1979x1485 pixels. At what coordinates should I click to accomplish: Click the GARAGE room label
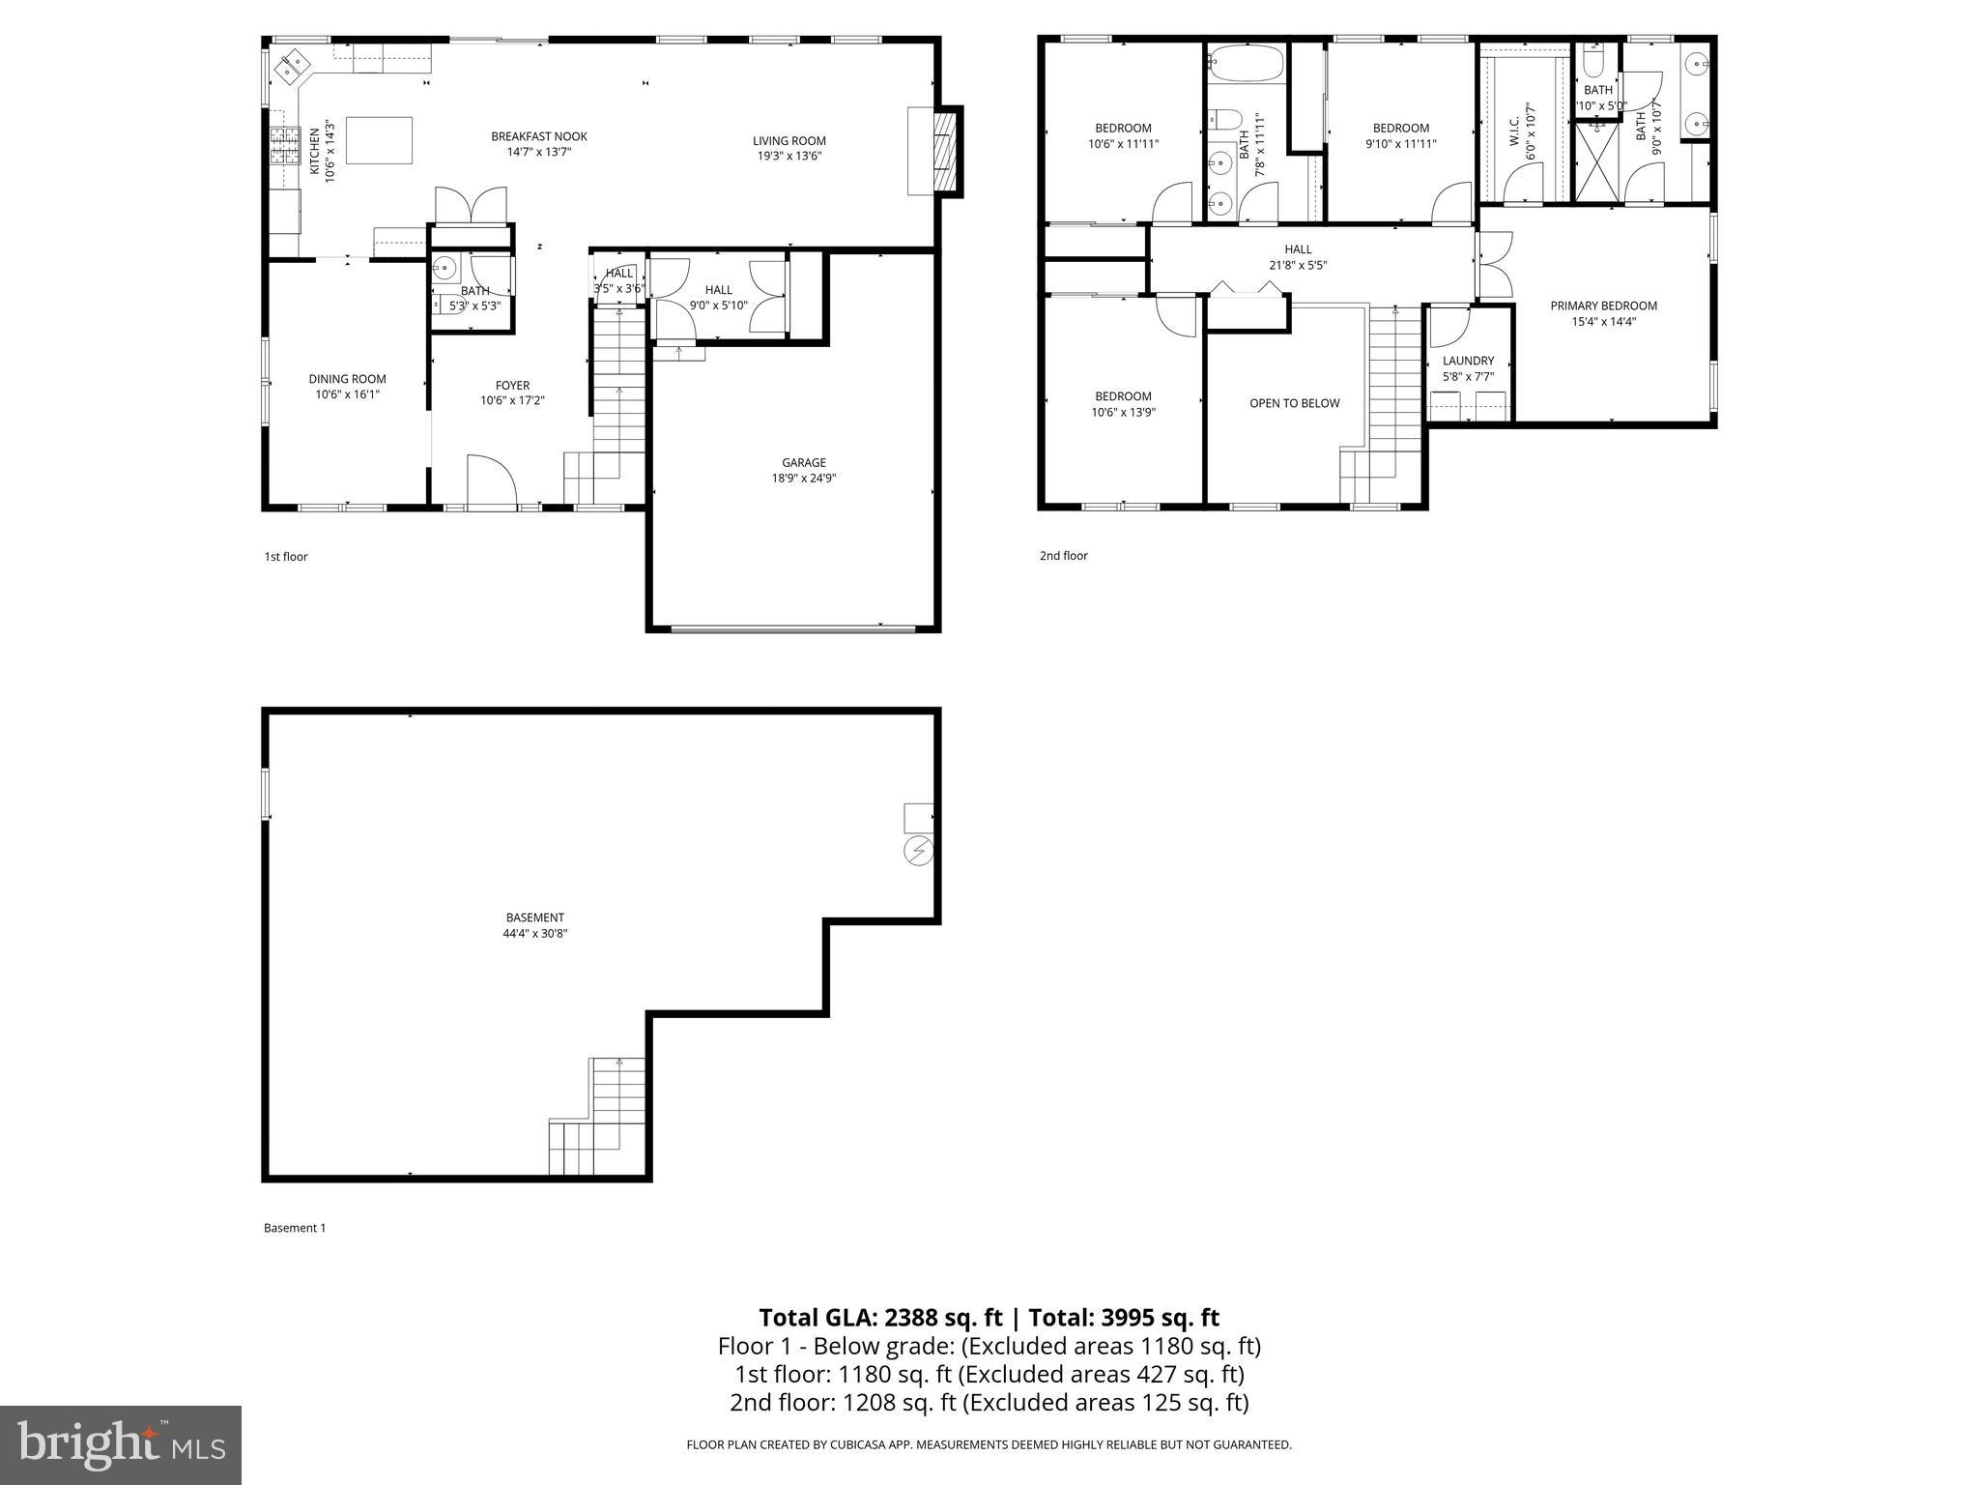click(803, 462)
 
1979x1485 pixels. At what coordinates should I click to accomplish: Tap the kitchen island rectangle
click(379, 140)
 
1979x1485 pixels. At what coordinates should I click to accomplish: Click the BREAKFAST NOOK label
click(538, 136)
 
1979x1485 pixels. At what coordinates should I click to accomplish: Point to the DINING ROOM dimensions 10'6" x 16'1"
click(347, 394)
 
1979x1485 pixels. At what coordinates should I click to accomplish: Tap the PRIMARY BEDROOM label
click(1603, 306)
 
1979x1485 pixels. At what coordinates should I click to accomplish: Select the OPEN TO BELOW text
click(1294, 403)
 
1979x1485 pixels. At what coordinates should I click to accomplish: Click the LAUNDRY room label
click(1468, 361)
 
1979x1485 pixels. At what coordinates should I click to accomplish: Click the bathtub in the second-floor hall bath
click(1247, 65)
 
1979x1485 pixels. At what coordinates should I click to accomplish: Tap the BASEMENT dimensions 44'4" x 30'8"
click(534, 934)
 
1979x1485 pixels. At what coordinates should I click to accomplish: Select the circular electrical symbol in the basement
click(918, 851)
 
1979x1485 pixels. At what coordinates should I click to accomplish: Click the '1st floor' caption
click(286, 557)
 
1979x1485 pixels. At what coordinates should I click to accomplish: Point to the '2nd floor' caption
click(1063, 556)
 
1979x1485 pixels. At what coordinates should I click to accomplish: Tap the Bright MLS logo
click(121, 1444)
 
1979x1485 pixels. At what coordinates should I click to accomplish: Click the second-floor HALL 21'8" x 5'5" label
click(1298, 257)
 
